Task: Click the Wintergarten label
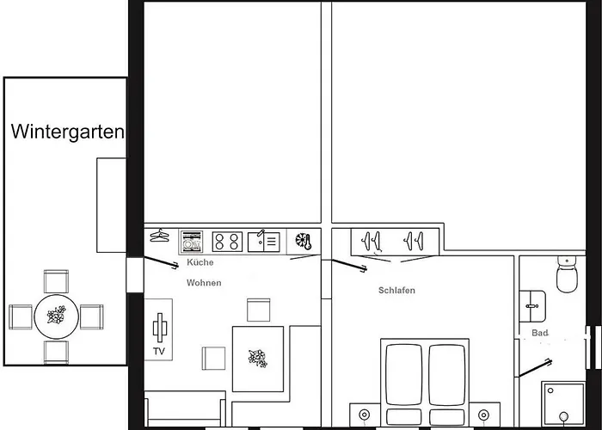(x=68, y=132)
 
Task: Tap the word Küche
(x=200, y=262)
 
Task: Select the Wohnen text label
(x=204, y=283)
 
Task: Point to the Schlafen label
(x=396, y=291)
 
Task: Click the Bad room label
(x=540, y=333)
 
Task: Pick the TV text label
(x=159, y=351)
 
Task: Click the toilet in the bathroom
(x=567, y=274)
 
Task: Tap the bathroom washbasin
(x=532, y=306)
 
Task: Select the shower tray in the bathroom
(x=563, y=403)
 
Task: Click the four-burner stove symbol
(x=227, y=242)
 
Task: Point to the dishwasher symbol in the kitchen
(x=192, y=242)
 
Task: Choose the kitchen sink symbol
(x=264, y=242)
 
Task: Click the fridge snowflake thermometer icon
(x=304, y=242)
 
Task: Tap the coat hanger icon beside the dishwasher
(x=159, y=236)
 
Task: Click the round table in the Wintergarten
(x=57, y=316)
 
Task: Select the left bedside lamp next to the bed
(x=364, y=415)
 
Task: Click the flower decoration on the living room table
(x=258, y=359)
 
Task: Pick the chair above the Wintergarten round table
(x=56, y=281)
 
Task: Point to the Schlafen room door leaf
(x=349, y=265)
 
